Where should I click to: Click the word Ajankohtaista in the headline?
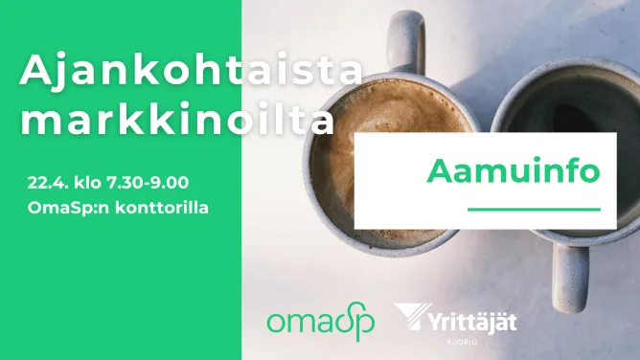pos(191,69)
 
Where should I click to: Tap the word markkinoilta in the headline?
pos(177,119)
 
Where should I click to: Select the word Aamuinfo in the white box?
pos(514,170)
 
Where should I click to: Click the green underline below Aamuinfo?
pos(534,210)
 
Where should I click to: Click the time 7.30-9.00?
pos(148,183)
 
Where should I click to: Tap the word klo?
pos(87,183)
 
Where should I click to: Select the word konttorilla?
pos(162,208)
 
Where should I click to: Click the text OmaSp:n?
pos(69,209)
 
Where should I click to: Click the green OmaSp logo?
pos(321,322)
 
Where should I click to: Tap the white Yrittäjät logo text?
pos(472,323)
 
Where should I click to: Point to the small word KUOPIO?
pos(462,342)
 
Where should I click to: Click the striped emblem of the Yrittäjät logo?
pos(413,316)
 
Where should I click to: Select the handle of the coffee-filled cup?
pos(406,42)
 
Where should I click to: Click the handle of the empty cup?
pos(571,278)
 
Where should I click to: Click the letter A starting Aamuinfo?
pos(441,171)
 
